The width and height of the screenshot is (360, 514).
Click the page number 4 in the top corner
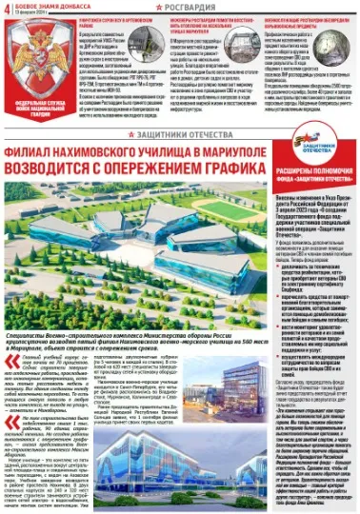8,10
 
